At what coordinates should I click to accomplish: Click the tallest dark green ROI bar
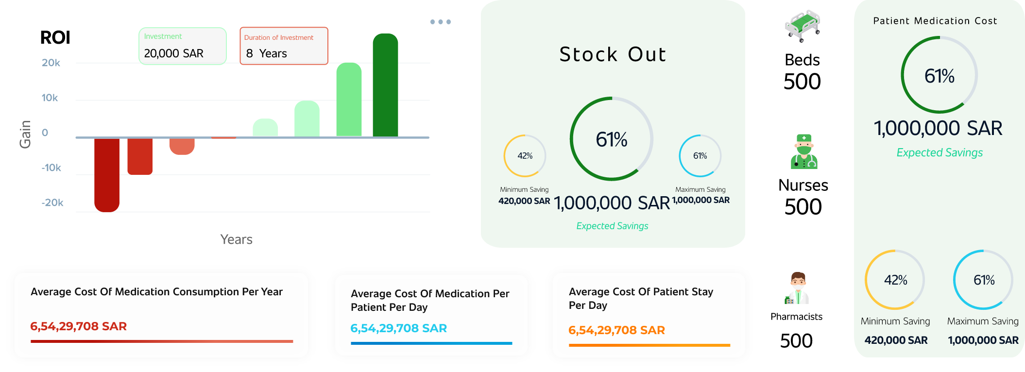tap(385, 85)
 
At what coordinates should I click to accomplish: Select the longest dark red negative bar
tap(107, 175)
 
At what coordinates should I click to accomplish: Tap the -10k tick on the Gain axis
tap(51, 168)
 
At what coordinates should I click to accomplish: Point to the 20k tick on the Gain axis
tap(51, 63)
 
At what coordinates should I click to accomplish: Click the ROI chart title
tap(55, 37)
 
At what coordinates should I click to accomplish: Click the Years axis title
tap(236, 239)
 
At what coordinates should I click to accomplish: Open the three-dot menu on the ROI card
tap(440, 22)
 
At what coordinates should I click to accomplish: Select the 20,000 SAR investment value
tap(173, 53)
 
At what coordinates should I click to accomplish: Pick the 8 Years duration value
tap(266, 53)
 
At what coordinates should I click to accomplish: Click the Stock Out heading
tap(613, 54)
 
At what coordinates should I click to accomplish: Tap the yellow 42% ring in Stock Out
tap(525, 156)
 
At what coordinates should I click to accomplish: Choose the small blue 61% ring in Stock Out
tap(700, 156)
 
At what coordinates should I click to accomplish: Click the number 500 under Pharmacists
tap(796, 341)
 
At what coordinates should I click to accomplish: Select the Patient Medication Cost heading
tap(935, 21)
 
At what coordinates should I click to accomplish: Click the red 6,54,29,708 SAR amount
tap(78, 326)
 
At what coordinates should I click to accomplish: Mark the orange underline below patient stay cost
tap(649, 345)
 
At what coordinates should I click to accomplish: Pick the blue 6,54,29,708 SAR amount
tap(398, 328)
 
